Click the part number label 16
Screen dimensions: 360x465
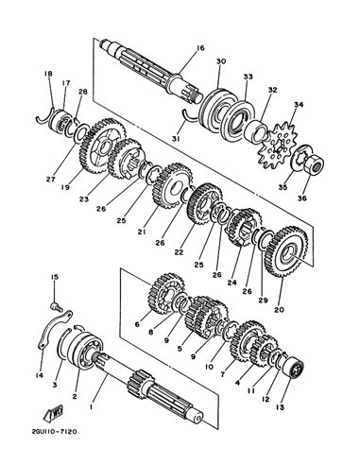click(200, 48)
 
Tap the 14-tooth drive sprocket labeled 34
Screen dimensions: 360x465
click(278, 146)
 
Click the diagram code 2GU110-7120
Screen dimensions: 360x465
click(55, 431)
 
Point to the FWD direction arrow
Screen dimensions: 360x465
click(54, 412)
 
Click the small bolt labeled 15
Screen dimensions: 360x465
click(56, 306)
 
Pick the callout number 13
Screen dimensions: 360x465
click(280, 407)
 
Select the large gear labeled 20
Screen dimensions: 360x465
click(286, 251)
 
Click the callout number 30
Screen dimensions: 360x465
click(221, 61)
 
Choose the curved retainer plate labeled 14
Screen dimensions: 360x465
click(54, 329)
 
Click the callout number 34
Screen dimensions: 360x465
click(299, 104)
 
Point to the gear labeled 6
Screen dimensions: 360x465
click(166, 294)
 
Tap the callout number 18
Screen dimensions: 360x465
click(48, 74)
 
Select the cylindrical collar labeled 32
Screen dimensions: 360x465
click(256, 130)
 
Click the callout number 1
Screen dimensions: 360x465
click(91, 406)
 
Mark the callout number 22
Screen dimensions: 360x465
click(179, 252)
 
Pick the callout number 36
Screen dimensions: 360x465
click(302, 198)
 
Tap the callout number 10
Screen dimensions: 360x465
click(209, 367)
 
